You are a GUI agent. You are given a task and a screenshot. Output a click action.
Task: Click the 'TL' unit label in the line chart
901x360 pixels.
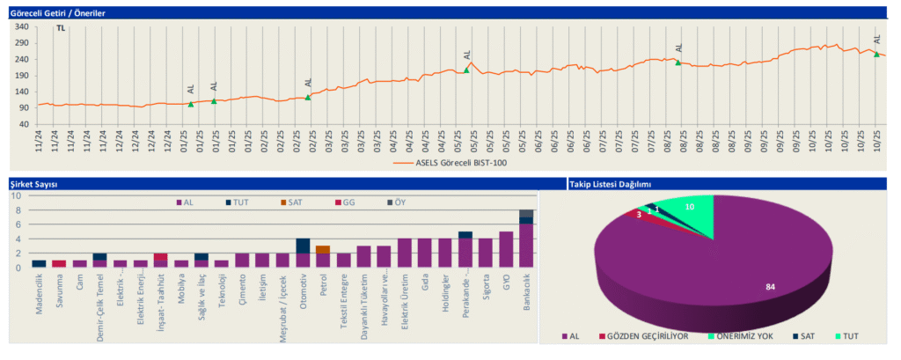tap(61, 28)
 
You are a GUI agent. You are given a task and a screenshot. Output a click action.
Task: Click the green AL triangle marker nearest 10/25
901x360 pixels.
tap(876, 55)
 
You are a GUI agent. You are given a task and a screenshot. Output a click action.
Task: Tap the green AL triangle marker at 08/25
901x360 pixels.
tap(678, 62)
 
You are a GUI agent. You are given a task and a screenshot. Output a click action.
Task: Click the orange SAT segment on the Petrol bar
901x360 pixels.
tap(323, 249)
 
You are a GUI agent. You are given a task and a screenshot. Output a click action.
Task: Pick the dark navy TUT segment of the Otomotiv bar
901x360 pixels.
tap(303, 246)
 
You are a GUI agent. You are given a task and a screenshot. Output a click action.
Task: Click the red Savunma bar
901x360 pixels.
tap(59, 263)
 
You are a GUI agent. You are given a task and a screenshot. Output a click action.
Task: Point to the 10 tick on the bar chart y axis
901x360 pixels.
tap(17, 195)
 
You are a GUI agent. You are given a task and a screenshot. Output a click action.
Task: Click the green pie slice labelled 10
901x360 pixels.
tap(691, 207)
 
